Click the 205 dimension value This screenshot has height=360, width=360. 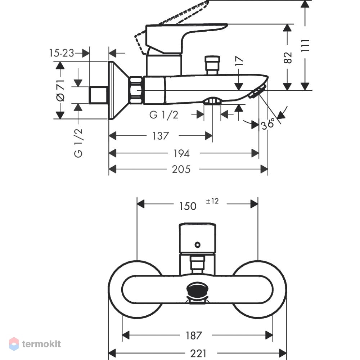(x=181, y=170)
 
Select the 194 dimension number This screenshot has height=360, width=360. (x=181, y=153)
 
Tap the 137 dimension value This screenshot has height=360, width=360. (x=161, y=136)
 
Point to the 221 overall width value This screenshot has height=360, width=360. (x=198, y=354)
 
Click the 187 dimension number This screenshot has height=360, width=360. (x=194, y=336)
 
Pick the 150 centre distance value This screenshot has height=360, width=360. (x=188, y=206)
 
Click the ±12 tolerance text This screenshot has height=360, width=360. (x=212, y=201)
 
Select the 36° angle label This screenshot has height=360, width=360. (x=268, y=124)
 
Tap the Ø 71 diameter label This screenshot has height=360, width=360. (x=60, y=90)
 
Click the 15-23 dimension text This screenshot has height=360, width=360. (x=62, y=53)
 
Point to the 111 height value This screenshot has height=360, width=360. (x=305, y=46)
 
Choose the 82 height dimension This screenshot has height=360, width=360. (x=288, y=58)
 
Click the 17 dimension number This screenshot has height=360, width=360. (x=239, y=61)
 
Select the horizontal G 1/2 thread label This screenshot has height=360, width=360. (x=164, y=115)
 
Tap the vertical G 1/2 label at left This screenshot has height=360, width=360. (x=78, y=143)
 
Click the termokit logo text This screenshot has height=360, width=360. (x=41, y=344)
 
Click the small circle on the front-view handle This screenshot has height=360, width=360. (x=197, y=245)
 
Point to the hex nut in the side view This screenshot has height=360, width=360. (x=136, y=90)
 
